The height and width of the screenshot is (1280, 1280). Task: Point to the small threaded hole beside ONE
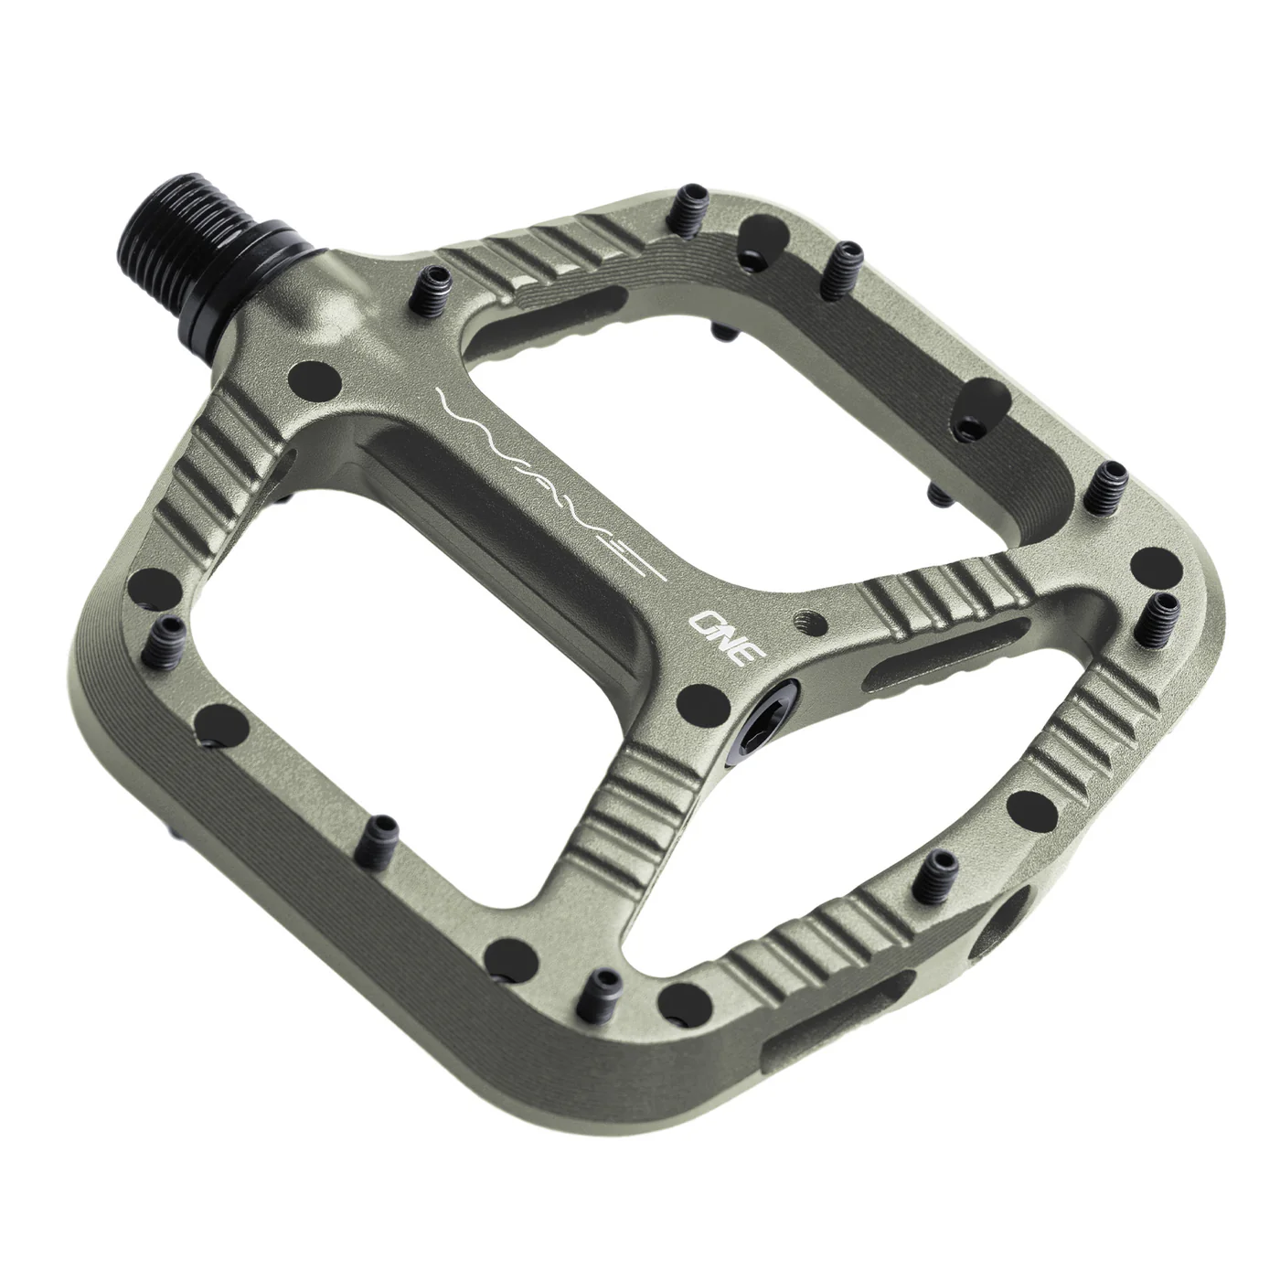pos(804,617)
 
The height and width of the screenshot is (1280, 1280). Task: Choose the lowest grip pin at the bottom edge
pos(603,986)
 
